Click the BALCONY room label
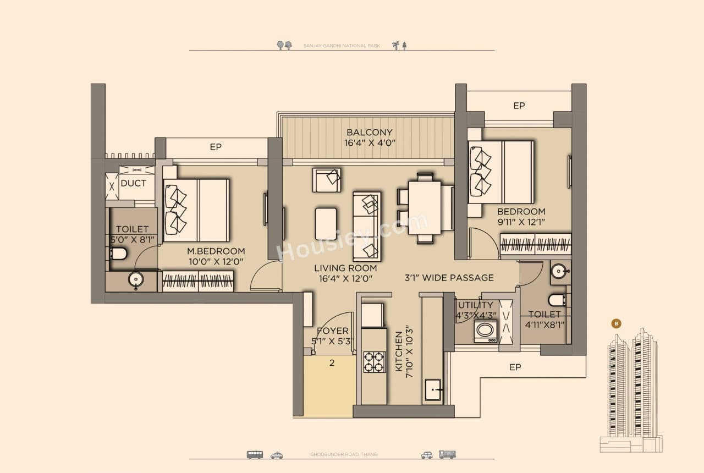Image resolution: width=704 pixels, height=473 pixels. coord(369,133)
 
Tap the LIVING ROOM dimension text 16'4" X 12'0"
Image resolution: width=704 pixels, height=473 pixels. coord(345,278)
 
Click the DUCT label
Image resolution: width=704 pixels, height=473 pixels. coord(133,183)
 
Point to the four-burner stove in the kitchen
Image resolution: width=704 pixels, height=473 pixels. coord(374,362)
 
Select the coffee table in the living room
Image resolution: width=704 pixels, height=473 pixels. coord(326,223)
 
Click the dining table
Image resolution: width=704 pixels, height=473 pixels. coord(425,208)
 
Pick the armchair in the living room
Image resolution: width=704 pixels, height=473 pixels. coord(327,180)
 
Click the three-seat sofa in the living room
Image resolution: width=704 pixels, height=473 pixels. coord(367,227)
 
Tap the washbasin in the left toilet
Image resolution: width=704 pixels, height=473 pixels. coord(135,280)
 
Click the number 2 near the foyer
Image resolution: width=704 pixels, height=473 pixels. coord(332,362)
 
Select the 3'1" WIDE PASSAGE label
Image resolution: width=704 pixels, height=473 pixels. coord(449,278)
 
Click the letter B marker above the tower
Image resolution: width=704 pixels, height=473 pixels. coord(616,323)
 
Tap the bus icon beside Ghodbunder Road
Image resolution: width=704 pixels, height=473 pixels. coord(255,455)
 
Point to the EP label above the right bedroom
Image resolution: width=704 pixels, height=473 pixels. coord(519,106)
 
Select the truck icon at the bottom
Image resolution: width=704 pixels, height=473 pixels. coord(447,455)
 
